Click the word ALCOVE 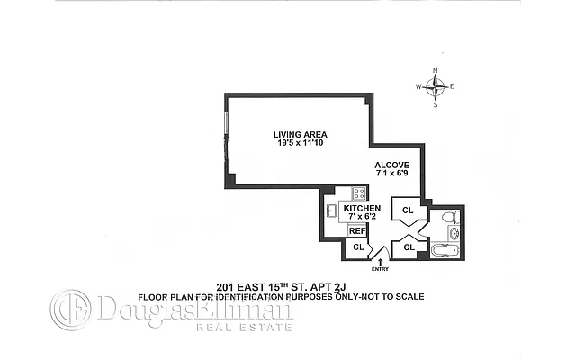[x=392, y=165]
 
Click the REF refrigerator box [x=357, y=229]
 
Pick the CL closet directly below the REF [x=357, y=247]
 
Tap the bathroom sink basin [x=454, y=234]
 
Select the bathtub [x=446, y=249]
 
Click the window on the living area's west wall [x=226, y=135]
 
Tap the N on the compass [x=436, y=70]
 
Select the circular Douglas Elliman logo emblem [x=70, y=310]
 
